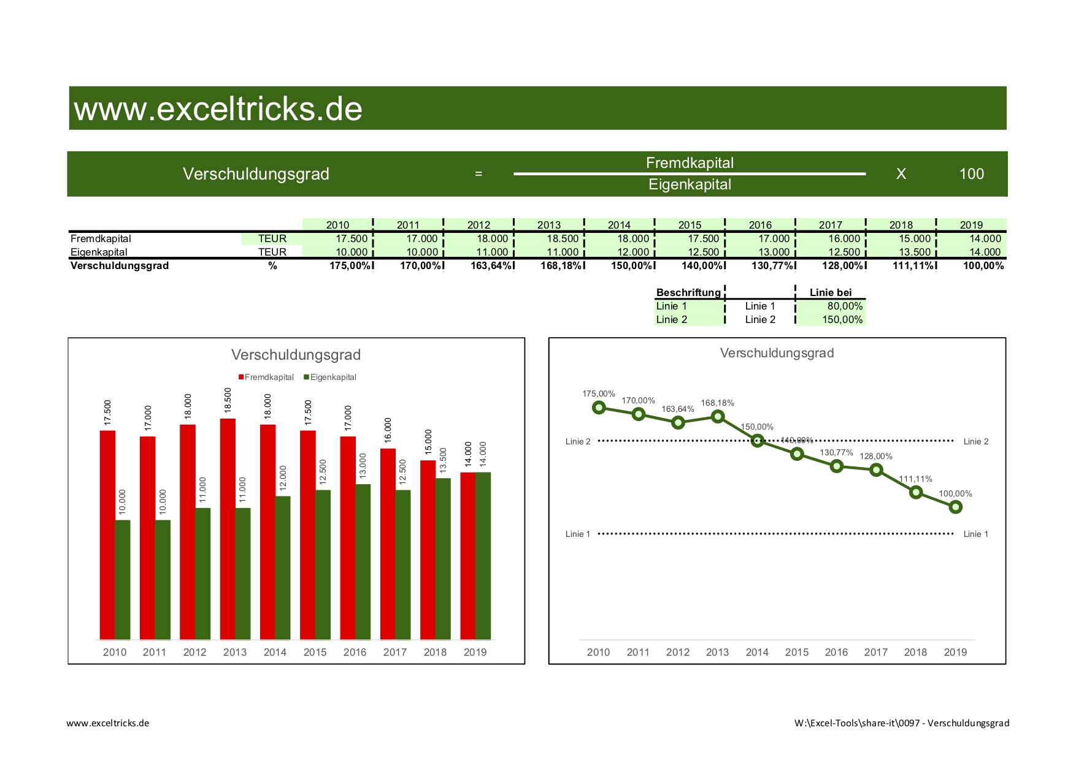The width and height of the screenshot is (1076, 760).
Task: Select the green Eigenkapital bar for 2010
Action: click(x=123, y=579)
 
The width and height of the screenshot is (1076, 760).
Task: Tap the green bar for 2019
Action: click(x=483, y=555)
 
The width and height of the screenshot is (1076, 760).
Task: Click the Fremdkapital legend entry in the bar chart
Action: click(x=266, y=377)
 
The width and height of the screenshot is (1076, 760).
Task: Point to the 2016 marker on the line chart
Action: click(x=836, y=466)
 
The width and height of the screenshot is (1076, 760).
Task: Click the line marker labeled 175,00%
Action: click(x=599, y=408)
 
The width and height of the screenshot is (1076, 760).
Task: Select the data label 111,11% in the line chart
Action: click(x=915, y=479)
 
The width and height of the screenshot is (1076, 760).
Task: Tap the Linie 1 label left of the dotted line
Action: click(x=577, y=534)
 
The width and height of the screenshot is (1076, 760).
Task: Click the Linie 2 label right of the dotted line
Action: click(x=975, y=441)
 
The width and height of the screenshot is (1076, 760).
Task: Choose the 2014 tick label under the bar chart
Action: click(x=275, y=652)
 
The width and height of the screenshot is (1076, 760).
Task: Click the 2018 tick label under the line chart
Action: click(x=915, y=652)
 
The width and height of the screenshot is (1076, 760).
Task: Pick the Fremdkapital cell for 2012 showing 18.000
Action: click(x=492, y=238)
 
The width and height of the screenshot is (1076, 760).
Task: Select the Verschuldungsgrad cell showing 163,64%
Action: click(x=491, y=265)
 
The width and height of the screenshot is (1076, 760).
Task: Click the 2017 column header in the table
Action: click(x=831, y=225)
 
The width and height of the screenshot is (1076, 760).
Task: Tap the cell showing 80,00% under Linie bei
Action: click(x=844, y=306)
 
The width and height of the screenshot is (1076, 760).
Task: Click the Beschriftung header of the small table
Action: click(x=688, y=292)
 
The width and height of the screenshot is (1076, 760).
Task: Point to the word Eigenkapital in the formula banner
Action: click(x=690, y=184)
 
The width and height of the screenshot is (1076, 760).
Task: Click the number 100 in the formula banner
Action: click(x=971, y=174)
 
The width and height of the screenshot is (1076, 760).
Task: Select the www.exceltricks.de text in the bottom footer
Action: click(x=108, y=723)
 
